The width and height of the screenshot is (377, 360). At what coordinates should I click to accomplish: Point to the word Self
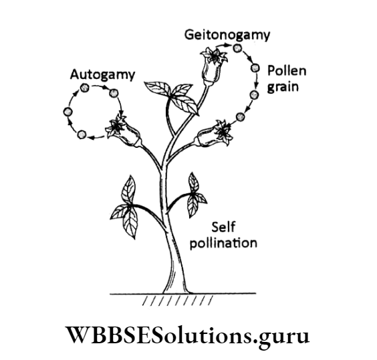click(x=223, y=227)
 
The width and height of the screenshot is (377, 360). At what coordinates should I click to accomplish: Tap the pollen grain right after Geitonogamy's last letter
click(x=237, y=48)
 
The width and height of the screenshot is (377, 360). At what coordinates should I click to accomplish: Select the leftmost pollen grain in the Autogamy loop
click(x=66, y=112)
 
